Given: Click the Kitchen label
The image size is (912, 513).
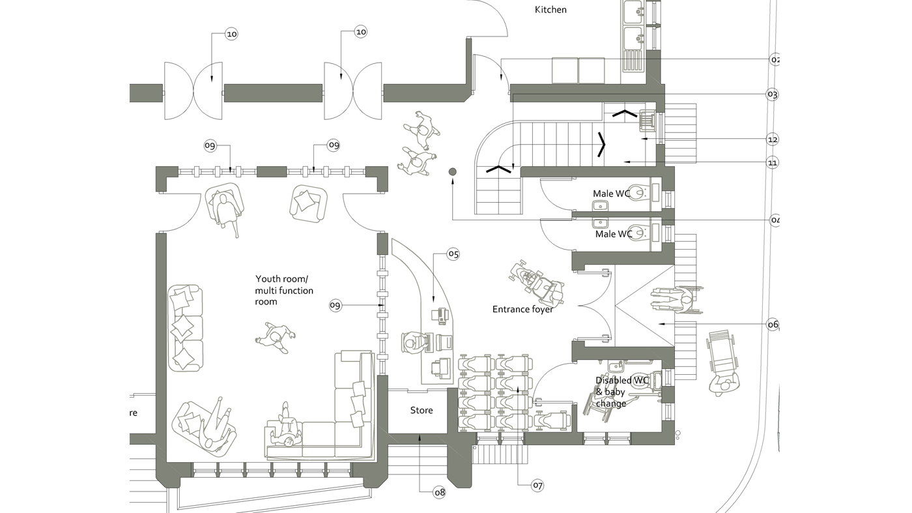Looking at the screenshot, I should (x=550, y=10).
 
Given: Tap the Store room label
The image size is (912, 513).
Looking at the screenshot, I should (x=421, y=411).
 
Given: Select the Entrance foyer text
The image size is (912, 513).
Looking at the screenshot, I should (x=522, y=309).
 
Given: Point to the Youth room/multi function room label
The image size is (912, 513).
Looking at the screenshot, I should (x=284, y=290).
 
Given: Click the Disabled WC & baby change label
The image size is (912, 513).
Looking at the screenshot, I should (x=614, y=392).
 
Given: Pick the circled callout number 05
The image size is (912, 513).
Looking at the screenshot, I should (x=453, y=254).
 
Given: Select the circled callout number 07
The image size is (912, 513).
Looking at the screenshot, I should (x=537, y=485).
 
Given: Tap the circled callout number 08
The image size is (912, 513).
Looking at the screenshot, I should (x=440, y=492).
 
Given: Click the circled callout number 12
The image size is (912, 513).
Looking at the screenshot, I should (x=773, y=139).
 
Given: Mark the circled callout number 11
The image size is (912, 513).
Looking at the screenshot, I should (x=773, y=162).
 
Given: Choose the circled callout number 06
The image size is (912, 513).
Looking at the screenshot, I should (x=773, y=324).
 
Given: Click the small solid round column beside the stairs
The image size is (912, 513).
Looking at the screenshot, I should (x=453, y=171).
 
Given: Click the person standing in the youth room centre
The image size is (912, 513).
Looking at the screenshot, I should (x=276, y=338).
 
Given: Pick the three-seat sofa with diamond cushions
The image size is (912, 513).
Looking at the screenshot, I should (x=185, y=328).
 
